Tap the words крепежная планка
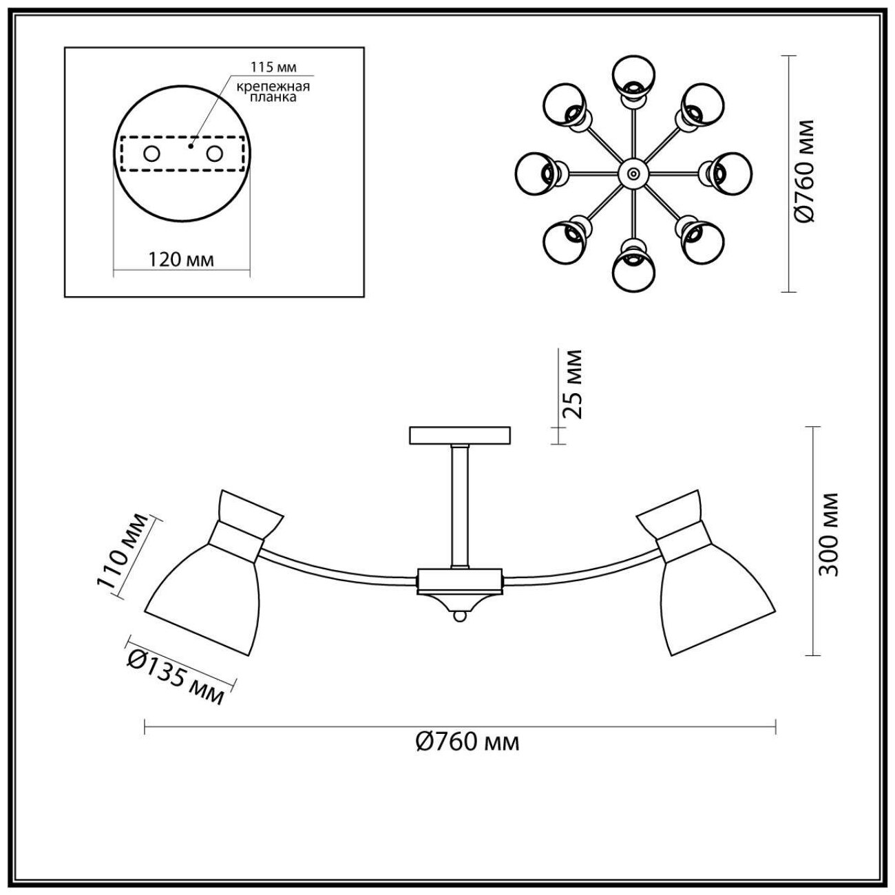[x=273, y=92]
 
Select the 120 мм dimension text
[x=181, y=260]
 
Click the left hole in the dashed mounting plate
[x=151, y=154]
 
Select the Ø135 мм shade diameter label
[x=176, y=678]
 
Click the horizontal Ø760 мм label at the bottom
[x=467, y=741]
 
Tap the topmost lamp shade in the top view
[x=633, y=74]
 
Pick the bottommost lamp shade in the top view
[x=633, y=271]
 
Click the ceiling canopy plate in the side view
[x=460, y=435]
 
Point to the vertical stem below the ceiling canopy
[x=459, y=506]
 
